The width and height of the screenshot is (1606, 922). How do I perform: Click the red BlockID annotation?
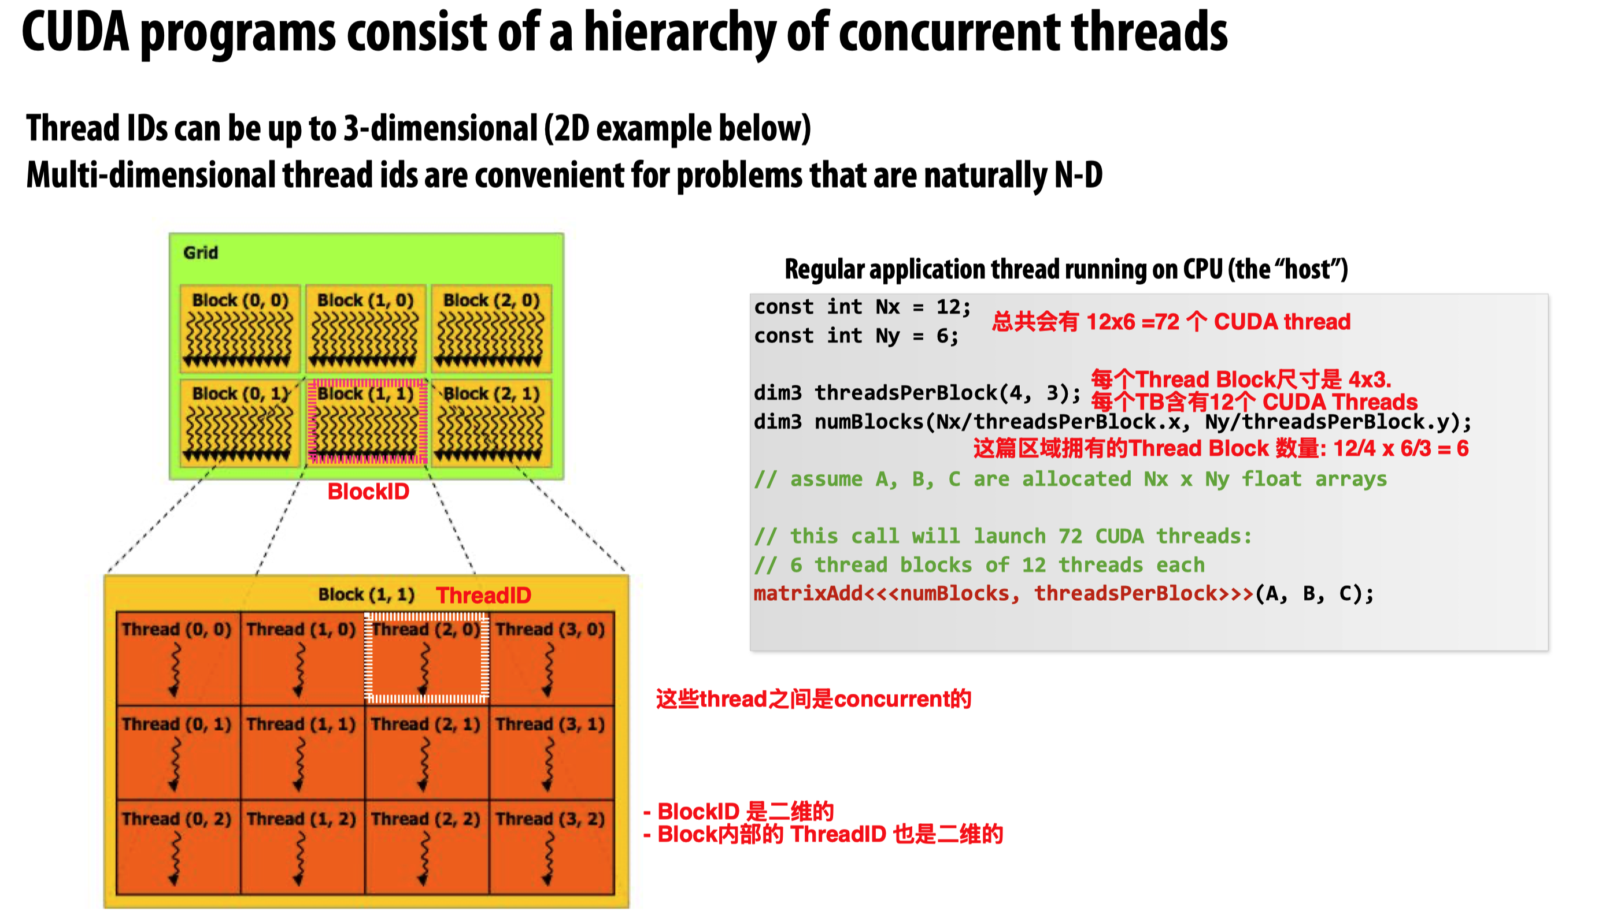tap(368, 492)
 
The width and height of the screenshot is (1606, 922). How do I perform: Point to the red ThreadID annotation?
tap(483, 595)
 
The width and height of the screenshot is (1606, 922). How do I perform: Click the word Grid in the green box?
tap(200, 252)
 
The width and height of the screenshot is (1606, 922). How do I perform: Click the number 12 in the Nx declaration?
tap(948, 307)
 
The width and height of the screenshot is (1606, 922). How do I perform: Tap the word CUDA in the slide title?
tap(75, 32)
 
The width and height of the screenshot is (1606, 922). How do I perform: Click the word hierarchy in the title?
tap(679, 33)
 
